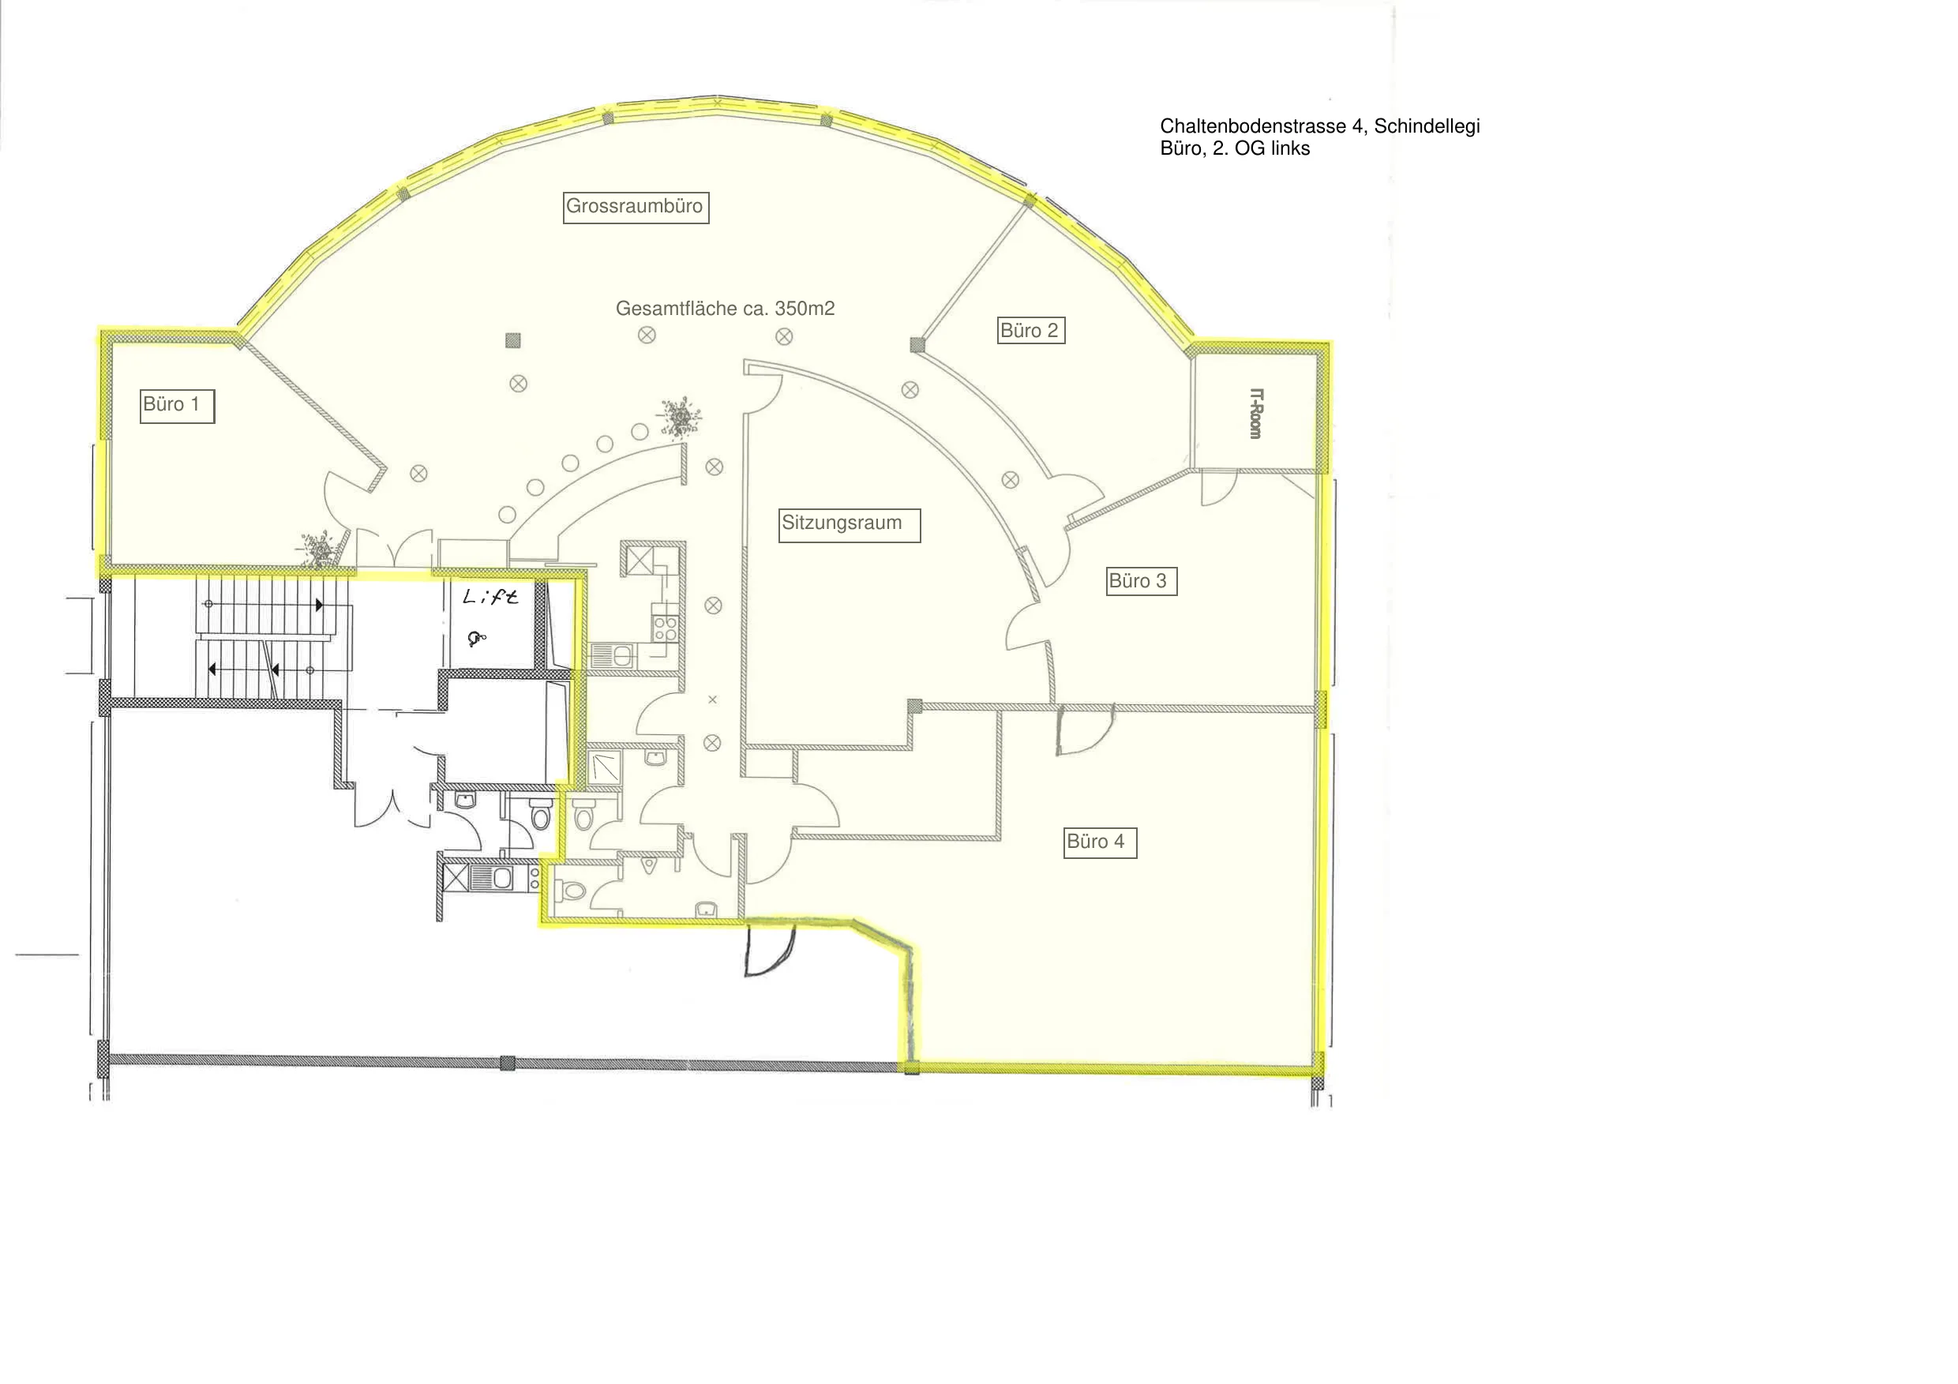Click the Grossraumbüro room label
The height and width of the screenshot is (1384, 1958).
pos(636,207)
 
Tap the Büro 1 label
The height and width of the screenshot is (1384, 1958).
pos(178,406)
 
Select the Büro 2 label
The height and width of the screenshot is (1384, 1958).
pos(1031,331)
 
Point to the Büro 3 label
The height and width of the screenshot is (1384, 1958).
pos(1141,582)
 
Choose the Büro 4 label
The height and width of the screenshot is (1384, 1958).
pos(1100,842)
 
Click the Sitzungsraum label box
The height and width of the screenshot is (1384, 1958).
pos(850,525)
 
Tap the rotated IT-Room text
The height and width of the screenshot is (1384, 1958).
pos(1255,414)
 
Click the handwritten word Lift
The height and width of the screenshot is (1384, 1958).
pos(490,596)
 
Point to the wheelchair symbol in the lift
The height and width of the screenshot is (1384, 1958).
pos(477,637)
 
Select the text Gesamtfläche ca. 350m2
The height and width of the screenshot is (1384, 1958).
pos(725,309)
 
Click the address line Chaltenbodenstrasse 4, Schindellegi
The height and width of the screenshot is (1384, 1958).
pos(1319,126)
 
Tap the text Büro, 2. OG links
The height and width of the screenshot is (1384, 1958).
pos(1234,148)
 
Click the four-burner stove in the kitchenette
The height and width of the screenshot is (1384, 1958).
pos(666,629)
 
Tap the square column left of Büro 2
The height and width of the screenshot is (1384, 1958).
pos(917,344)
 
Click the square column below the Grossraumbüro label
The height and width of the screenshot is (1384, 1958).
pos(512,341)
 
